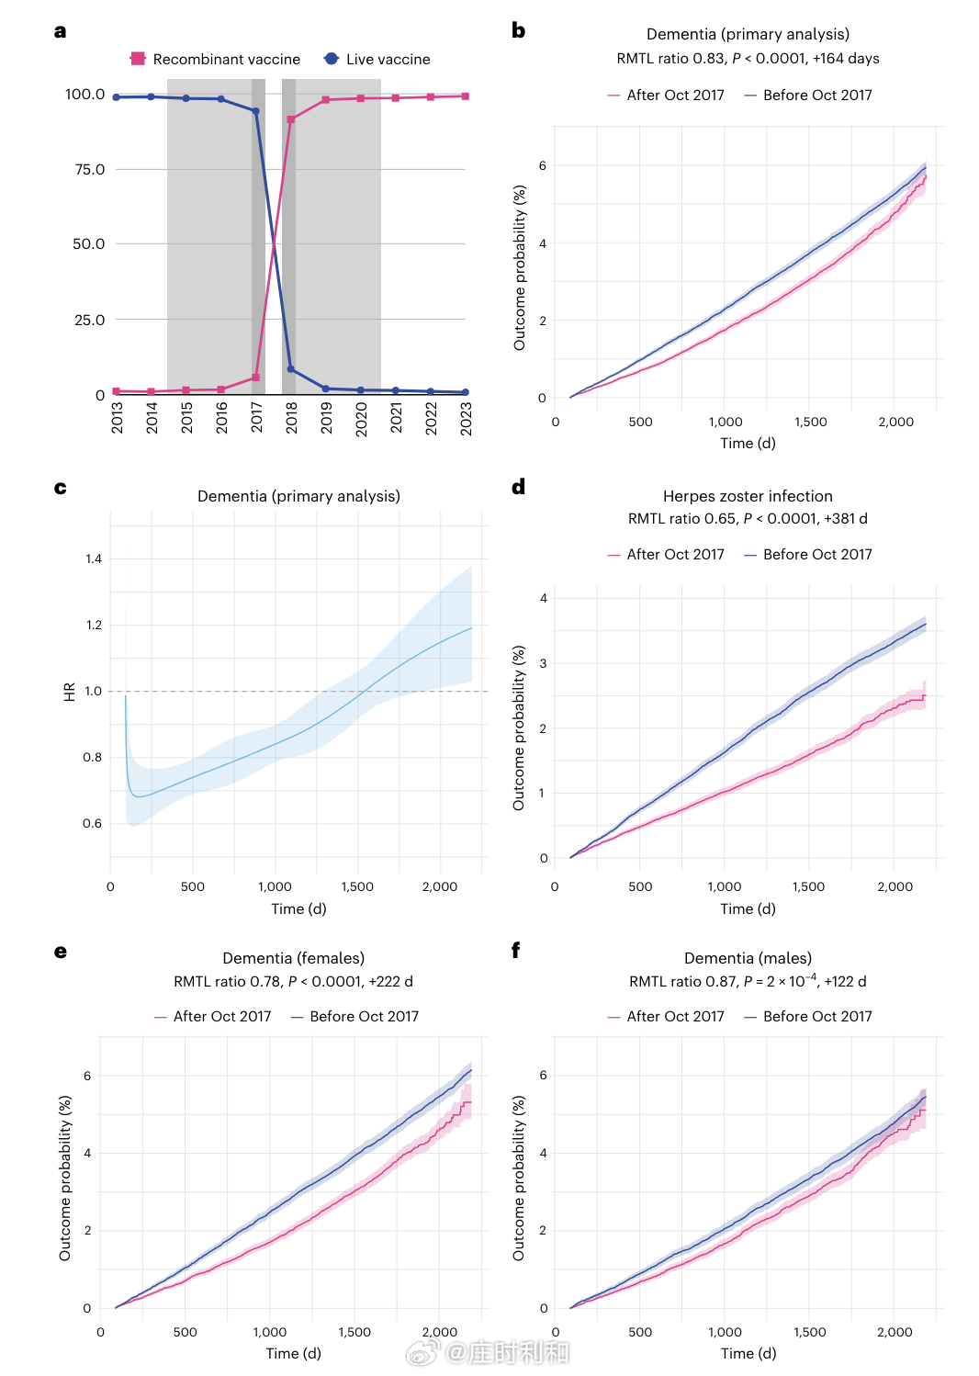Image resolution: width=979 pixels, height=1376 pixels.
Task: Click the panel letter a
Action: pyautogui.click(x=61, y=31)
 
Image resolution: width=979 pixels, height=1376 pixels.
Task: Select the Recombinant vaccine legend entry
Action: pyautogui.click(x=216, y=59)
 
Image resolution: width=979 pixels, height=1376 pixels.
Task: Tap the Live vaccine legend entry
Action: pyautogui.click(x=377, y=59)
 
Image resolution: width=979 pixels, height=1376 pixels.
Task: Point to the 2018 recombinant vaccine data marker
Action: pyautogui.click(x=291, y=119)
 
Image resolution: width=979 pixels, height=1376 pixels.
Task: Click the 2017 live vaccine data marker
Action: pyautogui.click(x=256, y=111)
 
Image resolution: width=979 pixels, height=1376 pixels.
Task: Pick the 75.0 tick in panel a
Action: pyautogui.click(x=90, y=169)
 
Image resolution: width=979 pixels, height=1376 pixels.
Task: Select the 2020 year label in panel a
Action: pyautogui.click(x=361, y=418)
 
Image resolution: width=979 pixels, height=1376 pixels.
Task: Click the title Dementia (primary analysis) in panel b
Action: pyautogui.click(x=748, y=34)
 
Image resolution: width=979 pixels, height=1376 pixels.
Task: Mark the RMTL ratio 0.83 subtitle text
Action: pyautogui.click(x=748, y=59)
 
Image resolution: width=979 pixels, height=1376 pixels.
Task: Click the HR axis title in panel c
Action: pyautogui.click(x=70, y=692)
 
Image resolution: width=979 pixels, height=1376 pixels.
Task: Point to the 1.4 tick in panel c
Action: pyautogui.click(x=94, y=558)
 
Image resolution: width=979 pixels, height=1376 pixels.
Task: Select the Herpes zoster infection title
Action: pyautogui.click(x=748, y=496)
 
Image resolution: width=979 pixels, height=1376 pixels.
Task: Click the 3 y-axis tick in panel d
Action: pyautogui.click(x=544, y=663)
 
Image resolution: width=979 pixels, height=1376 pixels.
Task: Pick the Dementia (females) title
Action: pyautogui.click(x=294, y=958)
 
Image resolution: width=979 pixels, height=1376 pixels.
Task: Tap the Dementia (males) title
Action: pyautogui.click(x=748, y=958)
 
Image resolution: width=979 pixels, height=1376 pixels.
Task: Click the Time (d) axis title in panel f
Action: pyautogui.click(x=748, y=1353)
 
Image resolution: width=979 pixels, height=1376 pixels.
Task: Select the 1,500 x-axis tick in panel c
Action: pyautogui.click(x=357, y=886)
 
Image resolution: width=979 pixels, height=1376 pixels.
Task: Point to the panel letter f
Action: pyautogui.click(x=516, y=951)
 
